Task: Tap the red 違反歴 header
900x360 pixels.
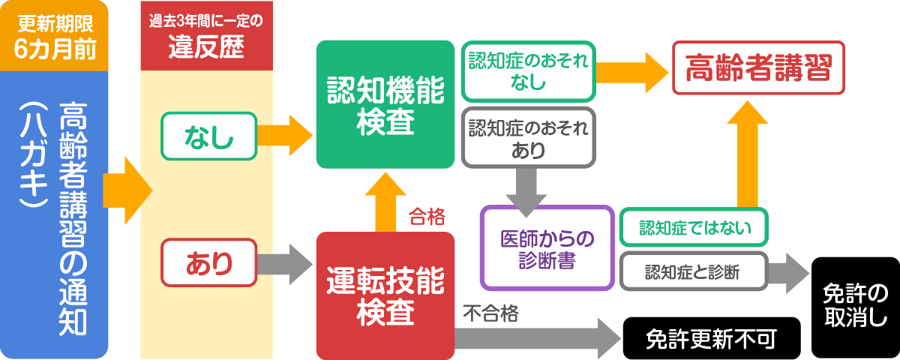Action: coord(206,37)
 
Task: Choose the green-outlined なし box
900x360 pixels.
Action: coord(209,136)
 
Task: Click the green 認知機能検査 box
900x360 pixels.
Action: coord(385,104)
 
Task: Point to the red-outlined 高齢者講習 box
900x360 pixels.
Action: coord(759,67)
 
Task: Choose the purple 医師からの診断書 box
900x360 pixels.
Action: coord(547,248)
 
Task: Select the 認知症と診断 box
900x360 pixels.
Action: coord(693,271)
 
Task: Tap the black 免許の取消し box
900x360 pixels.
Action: coord(856,307)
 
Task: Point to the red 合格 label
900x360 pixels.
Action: coord(427,217)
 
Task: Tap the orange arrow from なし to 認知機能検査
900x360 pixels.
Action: coord(285,135)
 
